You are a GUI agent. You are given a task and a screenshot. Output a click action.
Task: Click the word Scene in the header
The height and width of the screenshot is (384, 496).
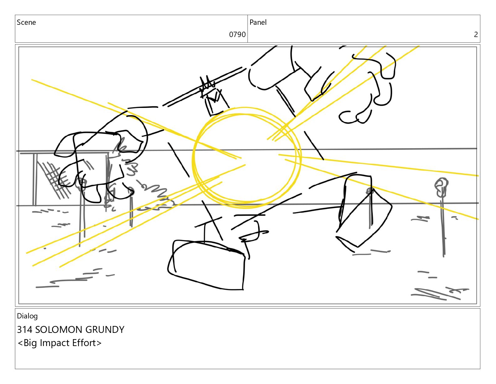(26, 22)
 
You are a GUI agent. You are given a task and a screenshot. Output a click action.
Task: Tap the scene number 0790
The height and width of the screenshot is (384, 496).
(237, 35)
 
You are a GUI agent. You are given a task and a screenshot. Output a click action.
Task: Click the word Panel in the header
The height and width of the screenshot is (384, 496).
(258, 22)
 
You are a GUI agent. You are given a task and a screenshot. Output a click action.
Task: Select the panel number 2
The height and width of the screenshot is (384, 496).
(476, 35)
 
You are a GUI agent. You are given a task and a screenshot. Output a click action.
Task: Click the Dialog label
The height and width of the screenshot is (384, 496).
(27, 316)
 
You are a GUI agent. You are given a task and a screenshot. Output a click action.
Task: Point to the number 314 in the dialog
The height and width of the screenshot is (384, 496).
(25, 329)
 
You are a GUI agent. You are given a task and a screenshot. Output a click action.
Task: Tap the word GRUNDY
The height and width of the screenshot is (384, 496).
(105, 329)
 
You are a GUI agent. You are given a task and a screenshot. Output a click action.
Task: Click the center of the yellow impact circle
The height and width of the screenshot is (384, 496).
(246, 158)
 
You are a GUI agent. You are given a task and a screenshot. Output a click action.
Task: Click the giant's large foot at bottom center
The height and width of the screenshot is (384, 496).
(207, 265)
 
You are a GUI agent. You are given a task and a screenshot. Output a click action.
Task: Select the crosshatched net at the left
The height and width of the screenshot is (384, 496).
(54, 179)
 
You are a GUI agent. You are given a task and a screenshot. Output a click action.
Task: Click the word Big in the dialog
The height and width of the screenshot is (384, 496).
(30, 343)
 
